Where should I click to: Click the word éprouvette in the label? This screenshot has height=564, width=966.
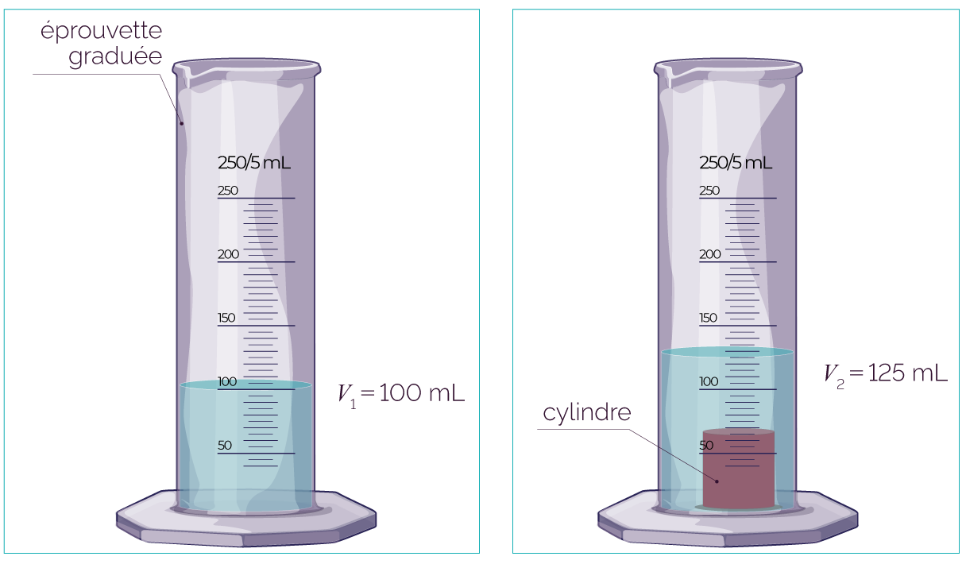tap(102, 32)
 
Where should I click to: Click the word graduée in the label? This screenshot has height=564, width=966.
tap(115, 56)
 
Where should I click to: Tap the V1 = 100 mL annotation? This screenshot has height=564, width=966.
tap(401, 394)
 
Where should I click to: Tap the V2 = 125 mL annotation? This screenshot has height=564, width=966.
tap(885, 374)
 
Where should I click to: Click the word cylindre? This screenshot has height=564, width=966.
tap(587, 412)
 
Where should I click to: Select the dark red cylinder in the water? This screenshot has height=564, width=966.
tap(738, 469)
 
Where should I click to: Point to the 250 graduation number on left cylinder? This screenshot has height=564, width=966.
tap(228, 190)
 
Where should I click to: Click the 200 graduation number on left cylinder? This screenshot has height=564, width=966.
tap(228, 254)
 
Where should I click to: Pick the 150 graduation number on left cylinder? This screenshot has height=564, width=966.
tap(226, 318)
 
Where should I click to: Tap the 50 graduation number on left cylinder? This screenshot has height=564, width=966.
tap(225, 445)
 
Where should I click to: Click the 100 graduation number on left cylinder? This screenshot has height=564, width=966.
tap(227, 381)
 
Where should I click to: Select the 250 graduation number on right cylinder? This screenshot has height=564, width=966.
tap(709, 190)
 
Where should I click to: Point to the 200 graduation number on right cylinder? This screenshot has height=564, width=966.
tap(710, 254)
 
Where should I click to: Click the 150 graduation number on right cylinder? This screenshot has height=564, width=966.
tap(708, 318)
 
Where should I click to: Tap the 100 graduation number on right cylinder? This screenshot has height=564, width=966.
tap(709, 381)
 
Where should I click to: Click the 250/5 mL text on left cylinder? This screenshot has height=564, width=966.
tap(254, 163)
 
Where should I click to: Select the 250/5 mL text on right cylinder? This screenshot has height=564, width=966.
tap(736, 163)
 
